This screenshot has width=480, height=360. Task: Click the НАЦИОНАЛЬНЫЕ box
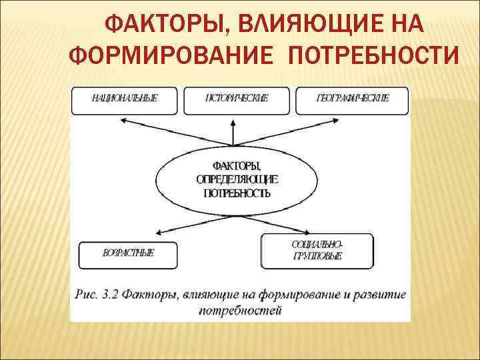[x=125, y=99]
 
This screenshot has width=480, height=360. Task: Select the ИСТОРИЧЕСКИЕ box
[x=237, y=99]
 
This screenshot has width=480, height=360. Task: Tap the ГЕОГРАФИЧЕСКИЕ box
[x=352, y=99]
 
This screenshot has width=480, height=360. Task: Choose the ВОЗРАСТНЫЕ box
[x=129, y=254]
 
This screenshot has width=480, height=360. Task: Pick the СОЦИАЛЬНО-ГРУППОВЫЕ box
[x=317, y=249]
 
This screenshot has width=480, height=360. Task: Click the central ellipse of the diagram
[x=237, y=179]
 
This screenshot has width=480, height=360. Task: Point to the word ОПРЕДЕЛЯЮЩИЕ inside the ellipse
[x=237, y=179]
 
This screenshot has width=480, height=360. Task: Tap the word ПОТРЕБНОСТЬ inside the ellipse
[x=237, y=193]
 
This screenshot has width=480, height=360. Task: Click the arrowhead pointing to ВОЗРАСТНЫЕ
[x=158, y=234]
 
